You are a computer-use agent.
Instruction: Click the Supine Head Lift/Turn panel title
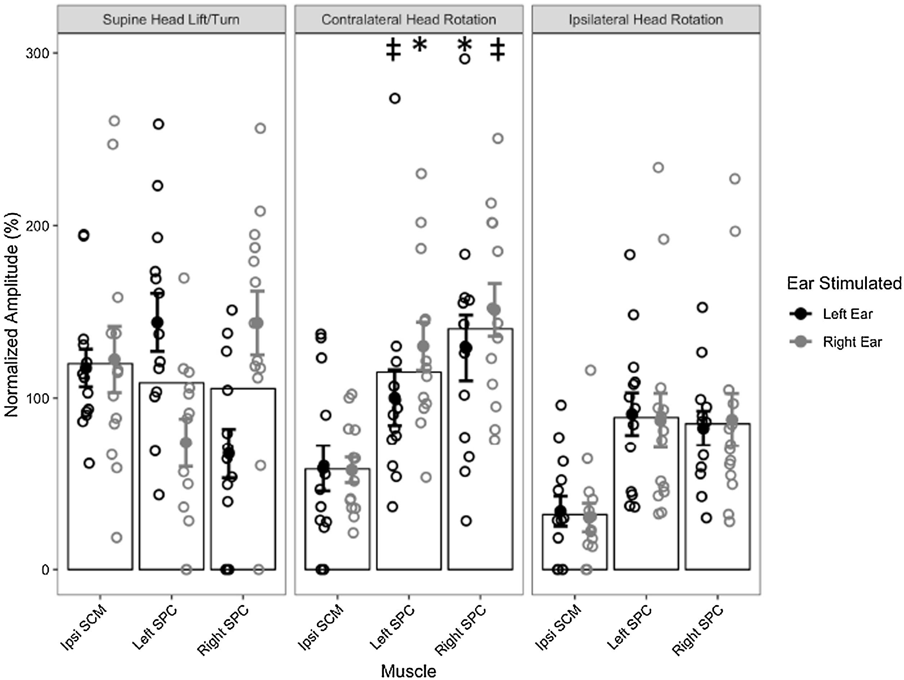171,19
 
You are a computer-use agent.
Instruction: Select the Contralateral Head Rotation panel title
409,19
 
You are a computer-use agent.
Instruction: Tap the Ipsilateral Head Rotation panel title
646,19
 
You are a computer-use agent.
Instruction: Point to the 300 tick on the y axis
37,53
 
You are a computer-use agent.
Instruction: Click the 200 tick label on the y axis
37,226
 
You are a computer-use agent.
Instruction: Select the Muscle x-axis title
408,671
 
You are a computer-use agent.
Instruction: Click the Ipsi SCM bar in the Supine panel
100,466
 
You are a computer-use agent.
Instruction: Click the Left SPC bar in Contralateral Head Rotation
409,470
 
